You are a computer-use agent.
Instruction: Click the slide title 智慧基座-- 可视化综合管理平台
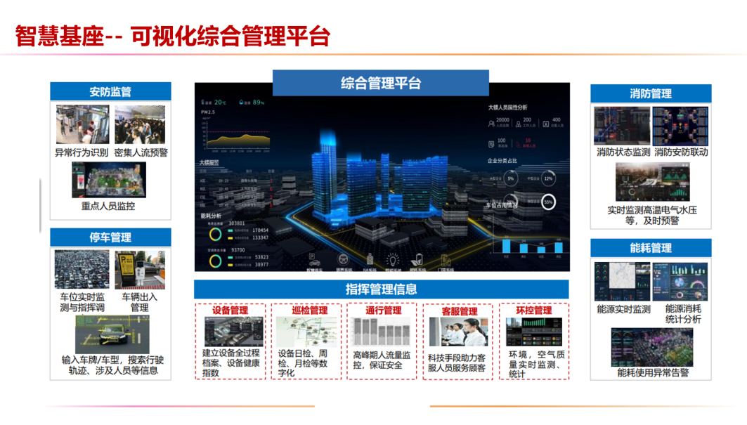(x=172, y=36)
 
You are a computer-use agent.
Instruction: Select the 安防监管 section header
(x=110, y=92)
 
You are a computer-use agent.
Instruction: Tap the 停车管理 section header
(x=110, y=237)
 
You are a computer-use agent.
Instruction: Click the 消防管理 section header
(x=651, y=93)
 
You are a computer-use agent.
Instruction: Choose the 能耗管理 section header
(x=651, y=248)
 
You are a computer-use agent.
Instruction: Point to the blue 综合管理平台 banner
(x=381, y=84)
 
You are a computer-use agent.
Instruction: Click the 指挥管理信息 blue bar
(x=381, y=289)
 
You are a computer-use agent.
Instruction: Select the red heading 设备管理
(x=230, y=310)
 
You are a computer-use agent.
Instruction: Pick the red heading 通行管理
(x=383, y=310)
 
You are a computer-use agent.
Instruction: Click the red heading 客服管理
(x=459, y=310)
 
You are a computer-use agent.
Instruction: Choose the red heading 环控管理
(x=533, y=310)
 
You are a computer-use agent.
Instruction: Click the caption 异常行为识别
(x=81, y=152)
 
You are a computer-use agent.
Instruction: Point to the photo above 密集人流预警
(x=140, y=125)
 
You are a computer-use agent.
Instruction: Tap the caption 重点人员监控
(x=108, y=207)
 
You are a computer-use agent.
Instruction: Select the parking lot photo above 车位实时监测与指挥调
(x=81, y=270)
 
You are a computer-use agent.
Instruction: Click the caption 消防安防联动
(x=681, y=152)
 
